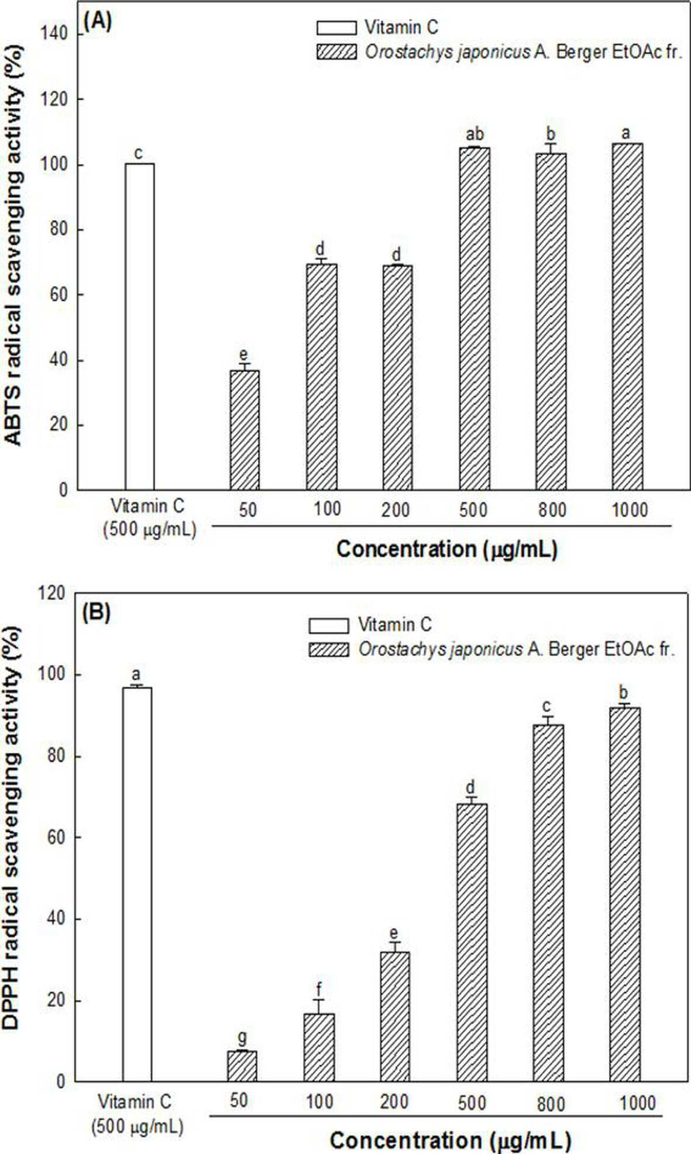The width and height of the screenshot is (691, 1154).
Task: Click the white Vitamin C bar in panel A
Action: point(140,326)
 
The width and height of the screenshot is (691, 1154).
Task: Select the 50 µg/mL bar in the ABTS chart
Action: point(245,430)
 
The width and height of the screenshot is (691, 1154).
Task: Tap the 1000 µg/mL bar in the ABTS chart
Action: point(627,316)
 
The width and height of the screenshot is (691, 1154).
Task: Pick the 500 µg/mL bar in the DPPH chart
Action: point(472,942)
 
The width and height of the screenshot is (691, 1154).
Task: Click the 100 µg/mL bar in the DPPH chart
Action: point(319,1048)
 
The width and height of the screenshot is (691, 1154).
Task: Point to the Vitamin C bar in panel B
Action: point(137,884)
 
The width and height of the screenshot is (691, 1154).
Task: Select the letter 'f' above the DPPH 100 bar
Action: point(319,989)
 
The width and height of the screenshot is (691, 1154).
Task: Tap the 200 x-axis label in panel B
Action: point(394,1101)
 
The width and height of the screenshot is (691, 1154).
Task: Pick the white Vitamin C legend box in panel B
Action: point(329,626)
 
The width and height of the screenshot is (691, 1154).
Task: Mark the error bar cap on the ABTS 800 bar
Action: point(551,143)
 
